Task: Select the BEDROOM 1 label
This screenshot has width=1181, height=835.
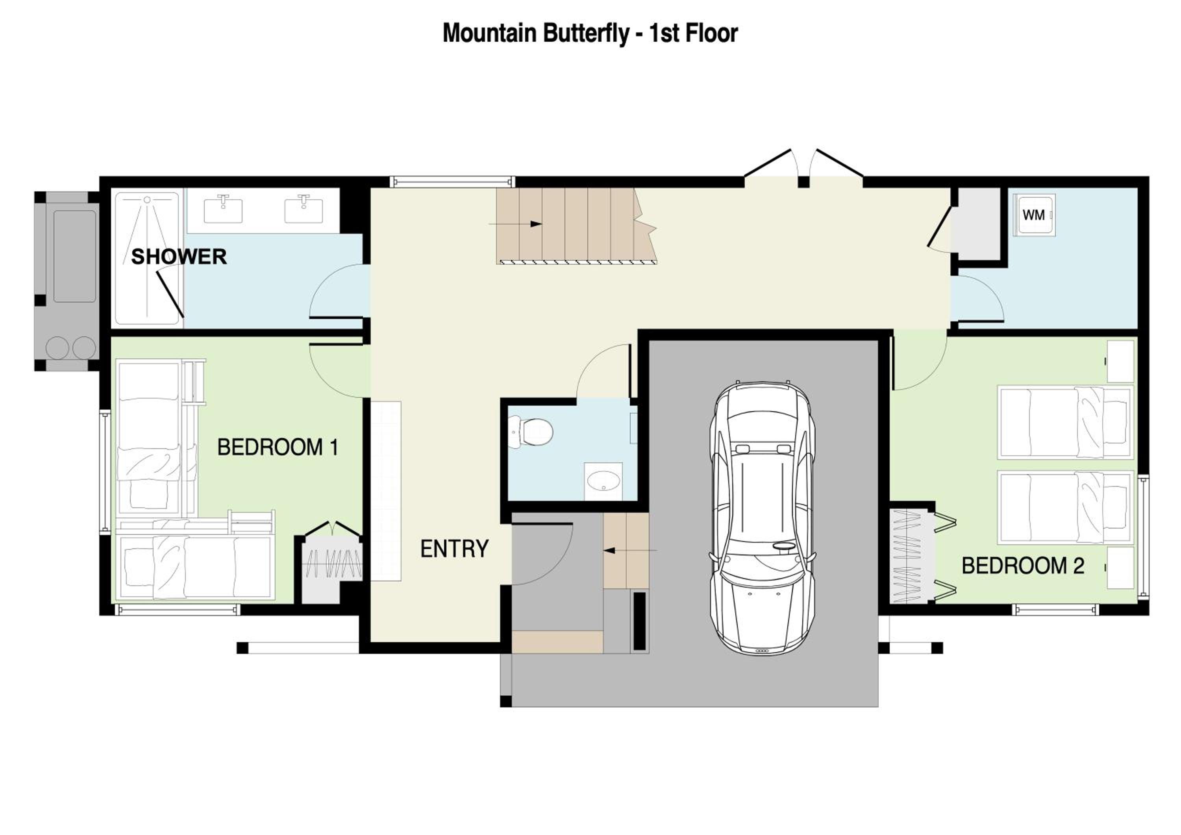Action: coord(278,447)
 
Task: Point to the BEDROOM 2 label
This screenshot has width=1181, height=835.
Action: coord(1023,566)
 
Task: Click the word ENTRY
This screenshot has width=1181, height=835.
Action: coord(454,549)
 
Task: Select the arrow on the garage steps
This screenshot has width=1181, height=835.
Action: coord(630,551)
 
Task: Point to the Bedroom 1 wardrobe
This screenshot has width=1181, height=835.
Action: coord(332,564)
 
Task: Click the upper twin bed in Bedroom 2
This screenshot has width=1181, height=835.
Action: coord(1065,422)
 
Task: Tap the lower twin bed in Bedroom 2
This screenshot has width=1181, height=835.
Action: coord(1065,507)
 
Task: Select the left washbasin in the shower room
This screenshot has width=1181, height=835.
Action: coord(223,210)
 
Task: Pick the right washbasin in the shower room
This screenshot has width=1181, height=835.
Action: coord(304,210)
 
